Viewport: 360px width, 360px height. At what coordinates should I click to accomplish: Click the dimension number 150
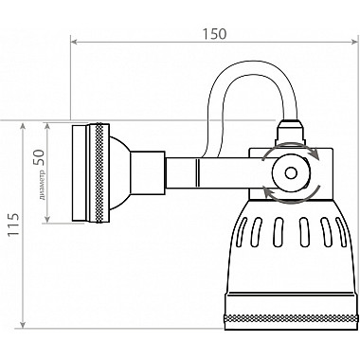(214, 33)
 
